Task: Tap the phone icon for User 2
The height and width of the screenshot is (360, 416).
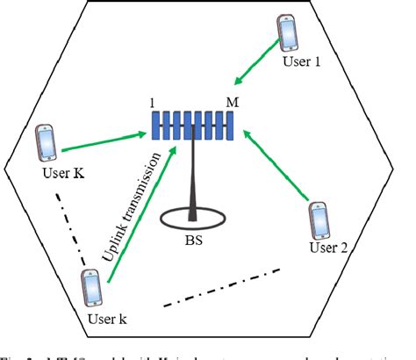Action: click(x=319, y=222)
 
